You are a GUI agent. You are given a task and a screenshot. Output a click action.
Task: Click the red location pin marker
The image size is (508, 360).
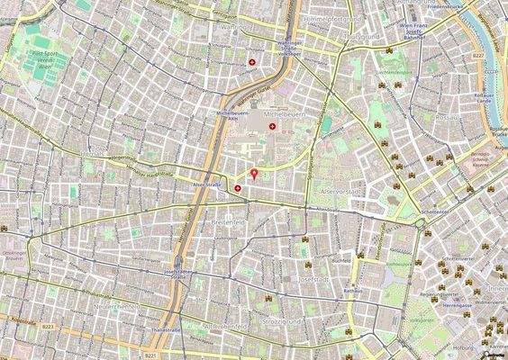254,173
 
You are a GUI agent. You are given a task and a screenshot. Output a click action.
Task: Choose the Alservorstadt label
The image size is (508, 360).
340,193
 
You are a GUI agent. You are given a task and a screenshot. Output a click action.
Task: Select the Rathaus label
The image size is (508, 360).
352,291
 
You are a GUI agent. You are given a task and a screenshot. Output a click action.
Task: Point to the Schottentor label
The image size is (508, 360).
433,213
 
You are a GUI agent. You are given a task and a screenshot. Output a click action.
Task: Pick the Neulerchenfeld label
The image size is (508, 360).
115,306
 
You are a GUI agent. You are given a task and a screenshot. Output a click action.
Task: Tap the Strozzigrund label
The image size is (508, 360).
293,321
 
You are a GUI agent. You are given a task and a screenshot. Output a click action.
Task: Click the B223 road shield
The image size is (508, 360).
48,327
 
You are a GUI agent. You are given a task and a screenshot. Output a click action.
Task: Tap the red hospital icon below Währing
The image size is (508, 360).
252,62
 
